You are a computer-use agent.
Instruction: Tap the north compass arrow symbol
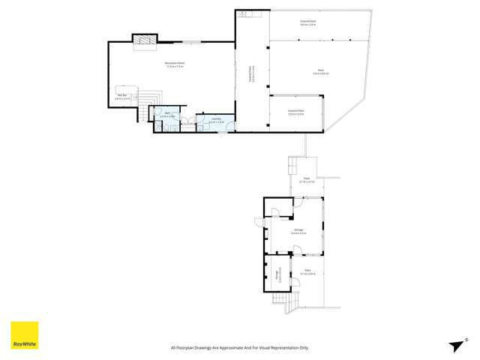click(x=454, y=345)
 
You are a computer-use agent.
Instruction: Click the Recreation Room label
click(x=175, y=64)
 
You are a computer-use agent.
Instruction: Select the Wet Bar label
click(x=122, y=96)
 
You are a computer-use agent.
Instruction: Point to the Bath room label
click(x=167, y=115)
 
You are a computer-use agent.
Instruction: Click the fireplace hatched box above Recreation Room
click(x=142, y=40)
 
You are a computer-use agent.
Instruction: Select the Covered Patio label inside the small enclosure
click(x=296, y=112)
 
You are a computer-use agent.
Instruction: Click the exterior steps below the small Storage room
click(x=283, y=302)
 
